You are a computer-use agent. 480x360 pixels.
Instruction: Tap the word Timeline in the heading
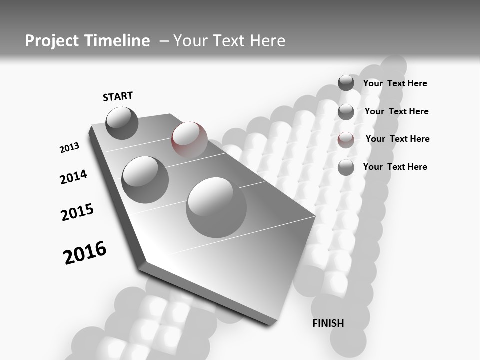[x=117, y=41]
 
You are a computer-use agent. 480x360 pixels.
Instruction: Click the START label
[x=118, y=96]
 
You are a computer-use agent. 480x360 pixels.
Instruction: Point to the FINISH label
[x=328, y=323]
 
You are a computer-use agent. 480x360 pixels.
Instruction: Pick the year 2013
[x=69, y=148]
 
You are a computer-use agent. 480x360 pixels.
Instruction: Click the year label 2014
[x=73, y=177]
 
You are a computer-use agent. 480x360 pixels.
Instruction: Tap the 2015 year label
[x=77, y=212]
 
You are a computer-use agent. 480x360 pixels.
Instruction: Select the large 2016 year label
[x=85, y=252]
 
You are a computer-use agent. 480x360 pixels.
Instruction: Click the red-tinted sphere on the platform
[x=189, y=139]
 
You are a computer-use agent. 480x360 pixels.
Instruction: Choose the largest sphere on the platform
[x=216, y=207]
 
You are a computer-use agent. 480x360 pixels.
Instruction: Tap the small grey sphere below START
[x=122, y=123]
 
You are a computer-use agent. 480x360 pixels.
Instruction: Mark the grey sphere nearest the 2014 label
[x=145, y=179]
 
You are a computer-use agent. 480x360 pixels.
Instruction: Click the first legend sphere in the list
[x=346, y=83]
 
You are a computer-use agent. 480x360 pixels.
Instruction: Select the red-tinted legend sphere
[x=346, y=139]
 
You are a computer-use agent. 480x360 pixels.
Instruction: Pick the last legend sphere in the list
[x=346, y=167]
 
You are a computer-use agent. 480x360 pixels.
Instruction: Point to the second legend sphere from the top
[x=346, y=111]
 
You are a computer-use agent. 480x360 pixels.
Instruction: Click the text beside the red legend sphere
[x=397, y=139]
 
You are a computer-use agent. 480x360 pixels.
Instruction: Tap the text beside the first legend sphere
[x=395, y=83]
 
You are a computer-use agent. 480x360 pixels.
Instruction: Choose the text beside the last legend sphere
[x=395, y=167]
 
